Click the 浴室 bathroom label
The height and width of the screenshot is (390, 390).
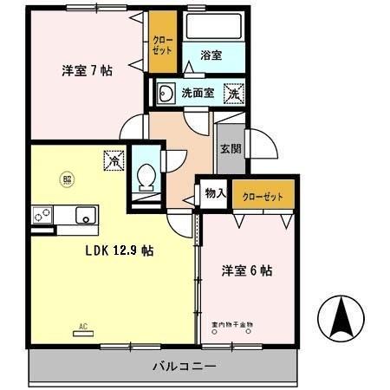(x=211, y=55)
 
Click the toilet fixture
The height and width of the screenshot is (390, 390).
(x=146, y=175)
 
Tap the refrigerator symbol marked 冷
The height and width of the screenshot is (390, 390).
(x=114, y=159)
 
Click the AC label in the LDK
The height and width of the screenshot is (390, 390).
(x=83, y=326)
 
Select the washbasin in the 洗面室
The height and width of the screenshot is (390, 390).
(x=164, y=93)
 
